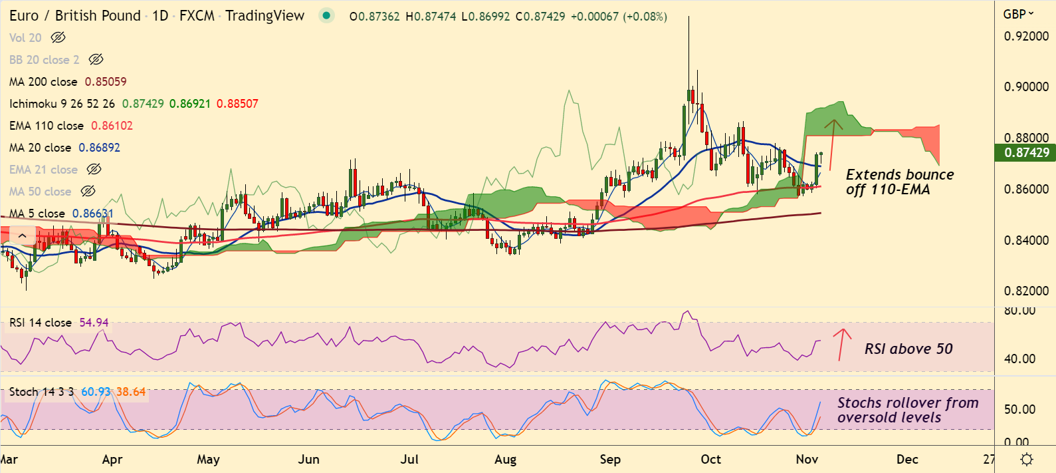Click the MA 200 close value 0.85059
106,82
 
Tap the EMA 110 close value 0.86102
112,126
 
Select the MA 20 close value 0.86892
99,148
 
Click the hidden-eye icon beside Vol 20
58,38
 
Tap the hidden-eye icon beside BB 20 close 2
96,60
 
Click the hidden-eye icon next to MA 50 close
88,192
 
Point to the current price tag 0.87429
1026,152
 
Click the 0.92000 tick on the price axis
1026,36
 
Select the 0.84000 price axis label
1026,240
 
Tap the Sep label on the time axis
609,459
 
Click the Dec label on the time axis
907,459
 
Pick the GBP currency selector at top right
1018,14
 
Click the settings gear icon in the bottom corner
1026,459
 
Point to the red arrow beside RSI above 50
842,344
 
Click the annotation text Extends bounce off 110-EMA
899,182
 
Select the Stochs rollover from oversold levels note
907,410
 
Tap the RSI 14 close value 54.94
94,323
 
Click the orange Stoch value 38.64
131,392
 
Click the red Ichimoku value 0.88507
237,104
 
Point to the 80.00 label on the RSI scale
1019,311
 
